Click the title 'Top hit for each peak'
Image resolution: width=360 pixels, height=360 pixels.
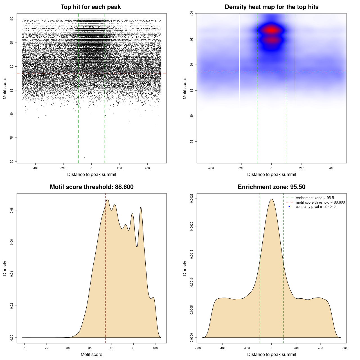point(91,7)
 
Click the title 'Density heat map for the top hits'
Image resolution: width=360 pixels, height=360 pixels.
point(271,7)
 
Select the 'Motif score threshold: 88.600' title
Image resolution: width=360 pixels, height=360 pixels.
point(91,187)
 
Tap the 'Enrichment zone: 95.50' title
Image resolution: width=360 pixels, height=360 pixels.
point(271,187)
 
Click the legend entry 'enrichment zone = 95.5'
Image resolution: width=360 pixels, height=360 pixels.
point(315,198)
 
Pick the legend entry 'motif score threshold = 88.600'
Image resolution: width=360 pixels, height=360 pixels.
point(320,202)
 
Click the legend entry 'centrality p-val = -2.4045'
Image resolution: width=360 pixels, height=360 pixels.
point(316,207)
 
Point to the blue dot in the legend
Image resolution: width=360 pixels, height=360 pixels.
point(289,207)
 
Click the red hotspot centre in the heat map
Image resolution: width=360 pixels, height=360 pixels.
point(271,30)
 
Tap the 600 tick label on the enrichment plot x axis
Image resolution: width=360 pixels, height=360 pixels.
point(345,348)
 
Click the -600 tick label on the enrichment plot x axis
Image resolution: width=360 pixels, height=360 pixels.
point(198,348)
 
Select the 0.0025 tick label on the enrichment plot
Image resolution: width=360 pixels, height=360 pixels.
point(192,198)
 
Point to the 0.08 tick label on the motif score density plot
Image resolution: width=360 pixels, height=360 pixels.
point(12,210)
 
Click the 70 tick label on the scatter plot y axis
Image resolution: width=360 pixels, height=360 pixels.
point(12,161)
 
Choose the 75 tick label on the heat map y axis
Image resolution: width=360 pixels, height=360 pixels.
point(192,141)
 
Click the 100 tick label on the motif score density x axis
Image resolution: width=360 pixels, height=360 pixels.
point(155,348)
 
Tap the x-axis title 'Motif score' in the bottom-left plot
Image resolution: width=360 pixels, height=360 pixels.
point(91,354)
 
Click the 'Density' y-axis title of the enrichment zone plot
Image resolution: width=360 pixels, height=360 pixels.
point(185,268)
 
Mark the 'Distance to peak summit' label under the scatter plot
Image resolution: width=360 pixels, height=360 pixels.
point(92,174)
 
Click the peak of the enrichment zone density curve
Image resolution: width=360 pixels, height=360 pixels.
point(271,199)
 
